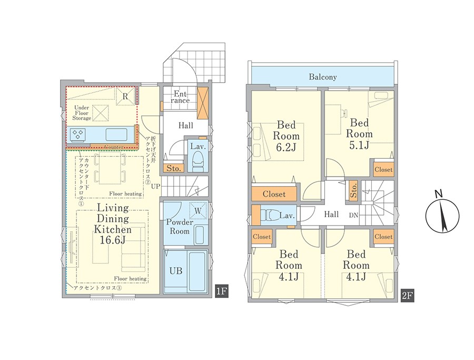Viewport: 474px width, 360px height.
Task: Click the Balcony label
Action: click(322, 77)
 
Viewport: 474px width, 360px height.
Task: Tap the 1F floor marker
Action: click(221, 291)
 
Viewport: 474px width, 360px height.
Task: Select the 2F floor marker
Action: click(407, 296)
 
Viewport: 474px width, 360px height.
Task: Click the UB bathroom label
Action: click(175, 270)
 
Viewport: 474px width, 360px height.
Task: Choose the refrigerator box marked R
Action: click(125, 96)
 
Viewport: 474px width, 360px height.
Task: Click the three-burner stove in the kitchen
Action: click(78, 134)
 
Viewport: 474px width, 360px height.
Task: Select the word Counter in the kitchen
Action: click(114, 148)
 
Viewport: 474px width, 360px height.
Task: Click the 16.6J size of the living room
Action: click(113, 240)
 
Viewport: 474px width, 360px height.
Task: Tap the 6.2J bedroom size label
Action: click(286, 147)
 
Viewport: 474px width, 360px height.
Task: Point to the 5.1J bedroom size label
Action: click(359, 144)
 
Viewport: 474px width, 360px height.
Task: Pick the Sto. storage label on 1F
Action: click(173, 169)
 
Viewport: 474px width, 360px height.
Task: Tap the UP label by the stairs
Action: click(156, 187)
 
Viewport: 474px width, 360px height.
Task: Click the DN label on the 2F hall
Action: click(354, 216)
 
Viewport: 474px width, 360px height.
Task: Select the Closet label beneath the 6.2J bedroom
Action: click(274, 194)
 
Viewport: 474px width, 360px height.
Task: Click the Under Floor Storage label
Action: click(82, 113)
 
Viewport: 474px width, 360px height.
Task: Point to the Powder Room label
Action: click(180, 227)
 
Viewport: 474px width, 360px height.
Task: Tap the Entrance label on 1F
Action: click(180, 98)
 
